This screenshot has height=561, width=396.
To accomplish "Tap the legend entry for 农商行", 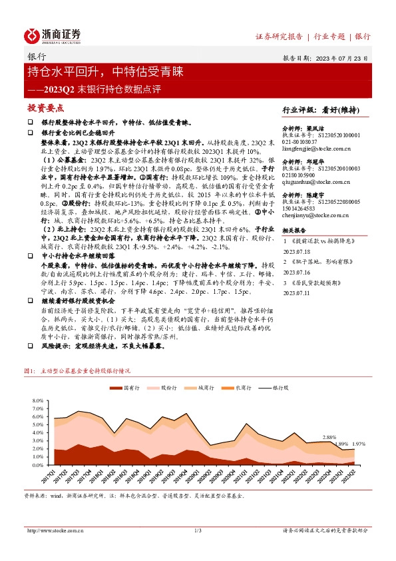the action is [242, 386].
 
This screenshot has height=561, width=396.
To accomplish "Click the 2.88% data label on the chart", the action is [329, 437].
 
